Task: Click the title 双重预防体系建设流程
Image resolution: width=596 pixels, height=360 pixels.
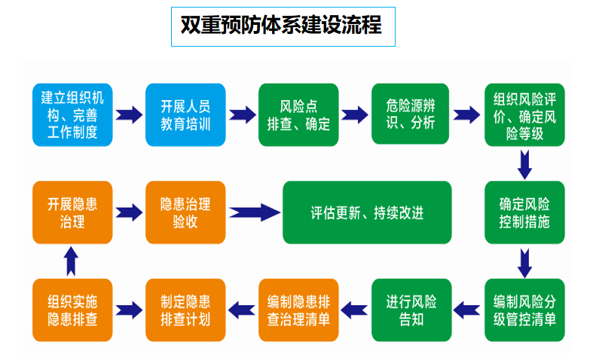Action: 282,26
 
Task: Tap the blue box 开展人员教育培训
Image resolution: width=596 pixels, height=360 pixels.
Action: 185,114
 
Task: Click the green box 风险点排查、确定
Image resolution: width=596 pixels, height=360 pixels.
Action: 298,114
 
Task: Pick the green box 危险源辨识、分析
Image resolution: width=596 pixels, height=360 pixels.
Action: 411,114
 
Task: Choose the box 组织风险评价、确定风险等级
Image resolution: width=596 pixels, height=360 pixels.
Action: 524,114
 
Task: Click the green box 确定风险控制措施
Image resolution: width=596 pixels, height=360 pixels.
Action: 524,212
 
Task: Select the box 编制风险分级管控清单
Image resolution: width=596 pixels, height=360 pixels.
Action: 524,310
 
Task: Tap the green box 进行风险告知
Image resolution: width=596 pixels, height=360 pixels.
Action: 411,310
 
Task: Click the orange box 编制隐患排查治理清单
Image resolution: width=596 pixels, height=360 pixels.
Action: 298,310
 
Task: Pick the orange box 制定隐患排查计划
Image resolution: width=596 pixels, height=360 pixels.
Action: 185,310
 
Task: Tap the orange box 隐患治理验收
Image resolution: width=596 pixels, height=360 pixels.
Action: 185,212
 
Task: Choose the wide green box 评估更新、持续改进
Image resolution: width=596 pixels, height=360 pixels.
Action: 367,212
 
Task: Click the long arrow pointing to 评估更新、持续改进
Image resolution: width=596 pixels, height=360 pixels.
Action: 254,212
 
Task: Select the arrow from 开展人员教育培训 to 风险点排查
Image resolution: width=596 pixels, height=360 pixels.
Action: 242,114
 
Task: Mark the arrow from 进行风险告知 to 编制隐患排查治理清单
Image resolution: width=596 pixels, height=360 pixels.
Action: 354,308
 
